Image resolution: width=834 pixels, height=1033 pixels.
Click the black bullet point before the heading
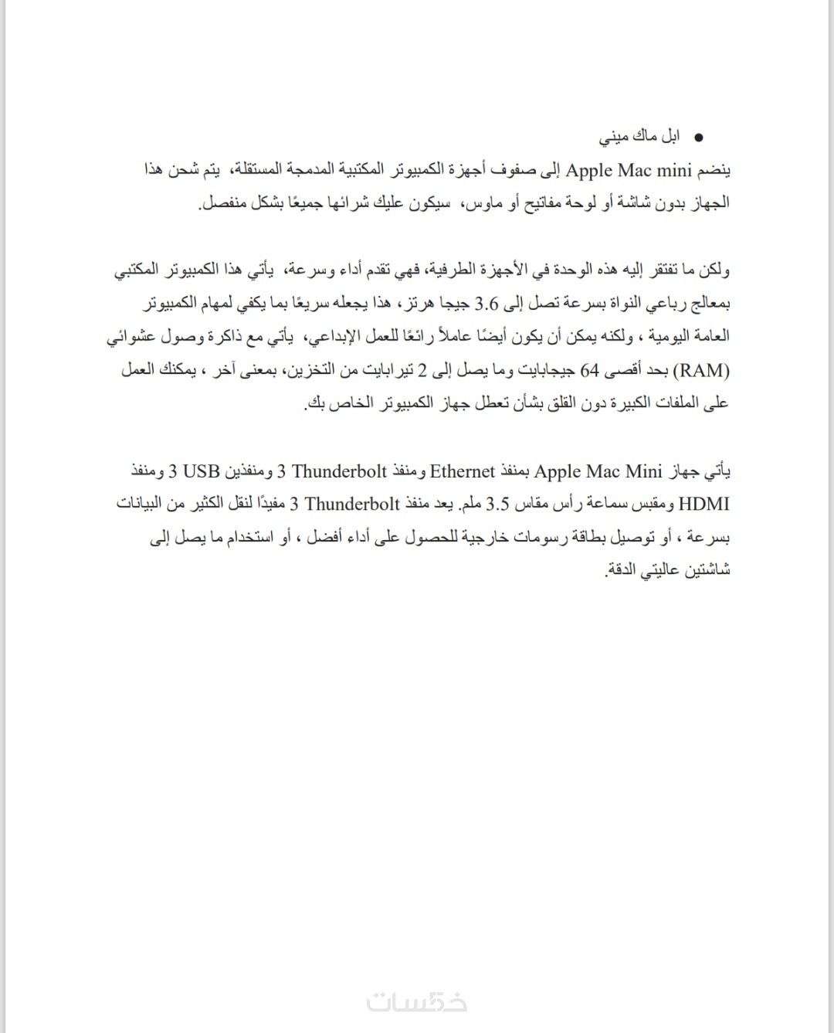point(698,138)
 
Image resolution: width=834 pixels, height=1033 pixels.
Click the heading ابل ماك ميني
point(640,138)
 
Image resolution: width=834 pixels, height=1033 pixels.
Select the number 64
point(590,371)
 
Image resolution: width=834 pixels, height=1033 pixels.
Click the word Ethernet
point(462,471)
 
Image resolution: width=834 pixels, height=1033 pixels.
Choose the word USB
point(202,471)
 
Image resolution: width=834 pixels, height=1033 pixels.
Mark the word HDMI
point(703,505)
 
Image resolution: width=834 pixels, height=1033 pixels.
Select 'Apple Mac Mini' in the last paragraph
point(598,471)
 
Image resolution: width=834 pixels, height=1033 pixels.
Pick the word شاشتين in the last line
point(703,571)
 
